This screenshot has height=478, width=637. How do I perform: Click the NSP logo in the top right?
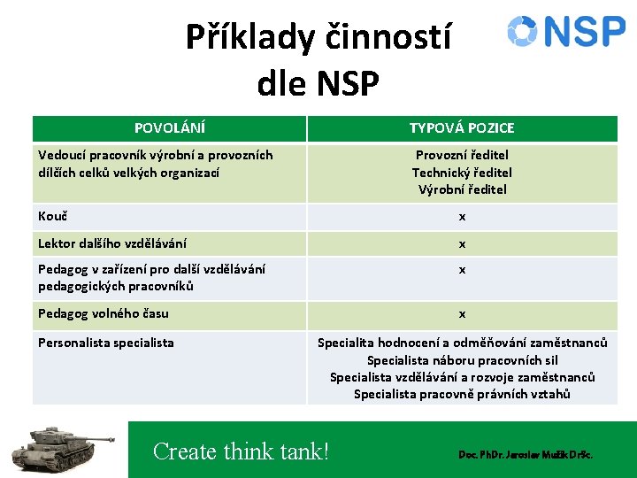pyautogui.click(x=566, y=31)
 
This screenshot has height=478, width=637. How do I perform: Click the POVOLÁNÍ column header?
pyautogui.click(x=169, y=128)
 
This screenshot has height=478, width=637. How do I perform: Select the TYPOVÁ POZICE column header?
pyautogui.click(x=462, y=128)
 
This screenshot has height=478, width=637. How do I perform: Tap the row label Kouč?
pyautogui.click(x=53, y=216)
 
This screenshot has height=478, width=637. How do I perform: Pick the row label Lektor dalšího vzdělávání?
pyautogui.click(x=111, y=243)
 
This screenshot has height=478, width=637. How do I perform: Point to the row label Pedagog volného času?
pyautogui.click(x=103, y=313)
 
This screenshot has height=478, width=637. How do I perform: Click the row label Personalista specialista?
pyautogui.click(x=105, y=343)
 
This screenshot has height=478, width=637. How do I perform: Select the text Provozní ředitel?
pyautogui.click(x=462, y=156)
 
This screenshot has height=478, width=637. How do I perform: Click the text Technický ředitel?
pyautogui.click(x=462, y=173)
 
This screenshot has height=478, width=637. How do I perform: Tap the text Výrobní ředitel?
pyautogui.click(x=462, y=189)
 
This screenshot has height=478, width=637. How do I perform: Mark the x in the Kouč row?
pyautogui.click(x=462, y=217)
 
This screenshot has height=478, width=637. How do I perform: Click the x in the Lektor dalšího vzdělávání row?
pyautogui.click(x=462, y=244)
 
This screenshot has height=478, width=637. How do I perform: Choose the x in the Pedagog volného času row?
pyautogui.click(x=462, y=314)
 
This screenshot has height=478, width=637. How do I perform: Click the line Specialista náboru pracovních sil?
pyautogui.click(x=462, y=360)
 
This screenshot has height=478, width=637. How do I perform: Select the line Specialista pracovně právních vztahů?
pyautogui.click(x=462, y=394)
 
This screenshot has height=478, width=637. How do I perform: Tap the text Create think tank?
pyautogui.click(x=241, y=451)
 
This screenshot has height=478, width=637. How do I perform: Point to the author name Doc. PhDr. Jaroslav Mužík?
pyautogui.click(x=525, y=454)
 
